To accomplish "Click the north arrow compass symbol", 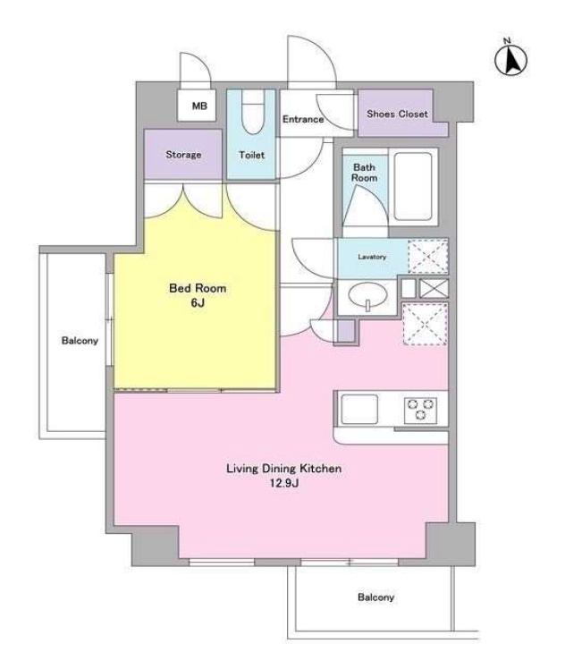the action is (x=510, y=58).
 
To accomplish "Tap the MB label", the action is (x=199, y=106).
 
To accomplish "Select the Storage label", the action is (x=183, y=155).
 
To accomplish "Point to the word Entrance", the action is (x=303, y=119).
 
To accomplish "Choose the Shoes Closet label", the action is (x=397, y=114).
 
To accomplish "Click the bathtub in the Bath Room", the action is (x=413, y=186).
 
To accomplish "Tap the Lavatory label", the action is (x=372, y=257).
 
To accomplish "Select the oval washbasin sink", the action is (x=368, y=294).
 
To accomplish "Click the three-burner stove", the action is (x=420, y=410).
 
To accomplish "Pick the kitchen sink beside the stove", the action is (x=359, y=409).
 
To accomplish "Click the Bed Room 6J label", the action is (x=198, y=295).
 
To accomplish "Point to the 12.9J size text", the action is (x=284, y=483).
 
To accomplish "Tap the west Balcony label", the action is (x=80, y=341).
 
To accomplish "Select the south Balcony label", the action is (x=375, y=597).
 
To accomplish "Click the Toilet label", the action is (x=252, y=155).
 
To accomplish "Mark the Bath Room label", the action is (x=364, y=173).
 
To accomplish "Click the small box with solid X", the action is (x=434, y=288).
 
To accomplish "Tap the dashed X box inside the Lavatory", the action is (x=427, y=257).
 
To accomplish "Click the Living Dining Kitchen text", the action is (x=284, y=469).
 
